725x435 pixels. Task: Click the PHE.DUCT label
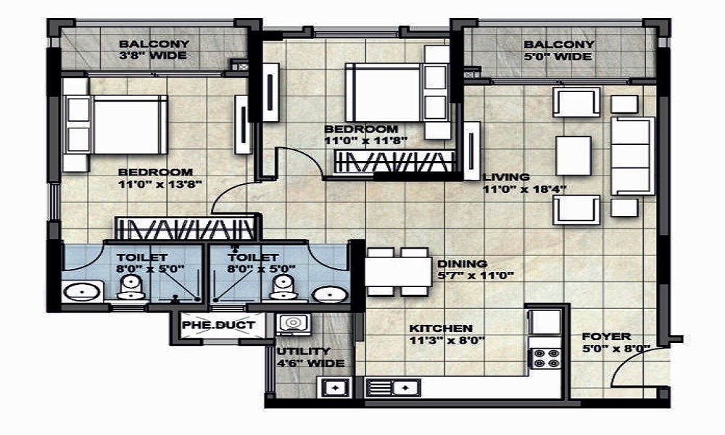(x=218, y=325)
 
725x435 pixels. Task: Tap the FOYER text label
(x=606, y=336)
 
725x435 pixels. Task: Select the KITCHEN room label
(x=441, y=328)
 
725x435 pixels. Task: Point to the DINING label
(x=462, y=264)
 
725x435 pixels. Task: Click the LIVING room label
(x=506, y=177)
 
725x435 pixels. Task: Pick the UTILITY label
(x=303, y=352)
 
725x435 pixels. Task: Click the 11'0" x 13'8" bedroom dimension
(x=160, y=184)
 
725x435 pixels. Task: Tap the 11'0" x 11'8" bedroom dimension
(x=365, y=141)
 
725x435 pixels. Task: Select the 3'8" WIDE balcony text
(x=153, y=56)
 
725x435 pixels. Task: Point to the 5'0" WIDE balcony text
(x=558, y=57)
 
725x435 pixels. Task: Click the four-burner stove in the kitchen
(x=547, y=358)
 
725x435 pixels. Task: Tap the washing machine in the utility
(x=293, y=323)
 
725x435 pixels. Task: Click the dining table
(x=398, y=272)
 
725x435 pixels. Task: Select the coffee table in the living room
(x=573, y=155)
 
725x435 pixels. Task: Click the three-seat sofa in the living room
(x=632, y=156)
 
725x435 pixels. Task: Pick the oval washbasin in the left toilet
(x=82, y=292)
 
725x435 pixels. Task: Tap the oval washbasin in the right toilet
(x=330, y=294)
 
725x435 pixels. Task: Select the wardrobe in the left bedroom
(x=185, y=228)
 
